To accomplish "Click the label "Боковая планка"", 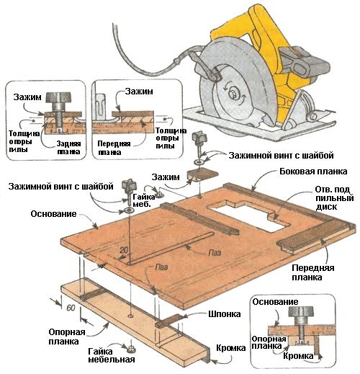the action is [x=313, y=172].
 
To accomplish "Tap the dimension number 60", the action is [x=71, y=308].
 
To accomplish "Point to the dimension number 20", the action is [x=124, y=250].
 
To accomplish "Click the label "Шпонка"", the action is [x=225, y=314].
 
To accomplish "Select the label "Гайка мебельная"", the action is [x=112, y=355].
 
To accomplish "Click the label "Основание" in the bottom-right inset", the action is [x=275, y=302].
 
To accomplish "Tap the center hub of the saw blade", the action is [x=233, y=93].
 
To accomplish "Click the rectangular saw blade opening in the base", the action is [x=250, y=215].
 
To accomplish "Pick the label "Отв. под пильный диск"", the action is [x=334, y=198].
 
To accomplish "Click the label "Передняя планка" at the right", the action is [x=313, y=272].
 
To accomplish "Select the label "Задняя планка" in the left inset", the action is [x=69, y=148].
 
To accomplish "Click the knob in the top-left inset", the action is [x=58, y=97].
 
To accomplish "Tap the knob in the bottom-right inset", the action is [x=301, y=311].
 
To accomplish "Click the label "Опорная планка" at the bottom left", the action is [x=67, y=337].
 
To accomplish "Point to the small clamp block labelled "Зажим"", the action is [x=203, y=174].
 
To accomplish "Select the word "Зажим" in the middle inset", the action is [x=139, y=92].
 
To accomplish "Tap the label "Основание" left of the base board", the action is [x=53, y=214].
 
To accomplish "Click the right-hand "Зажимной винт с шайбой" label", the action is [x=281, y=156].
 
